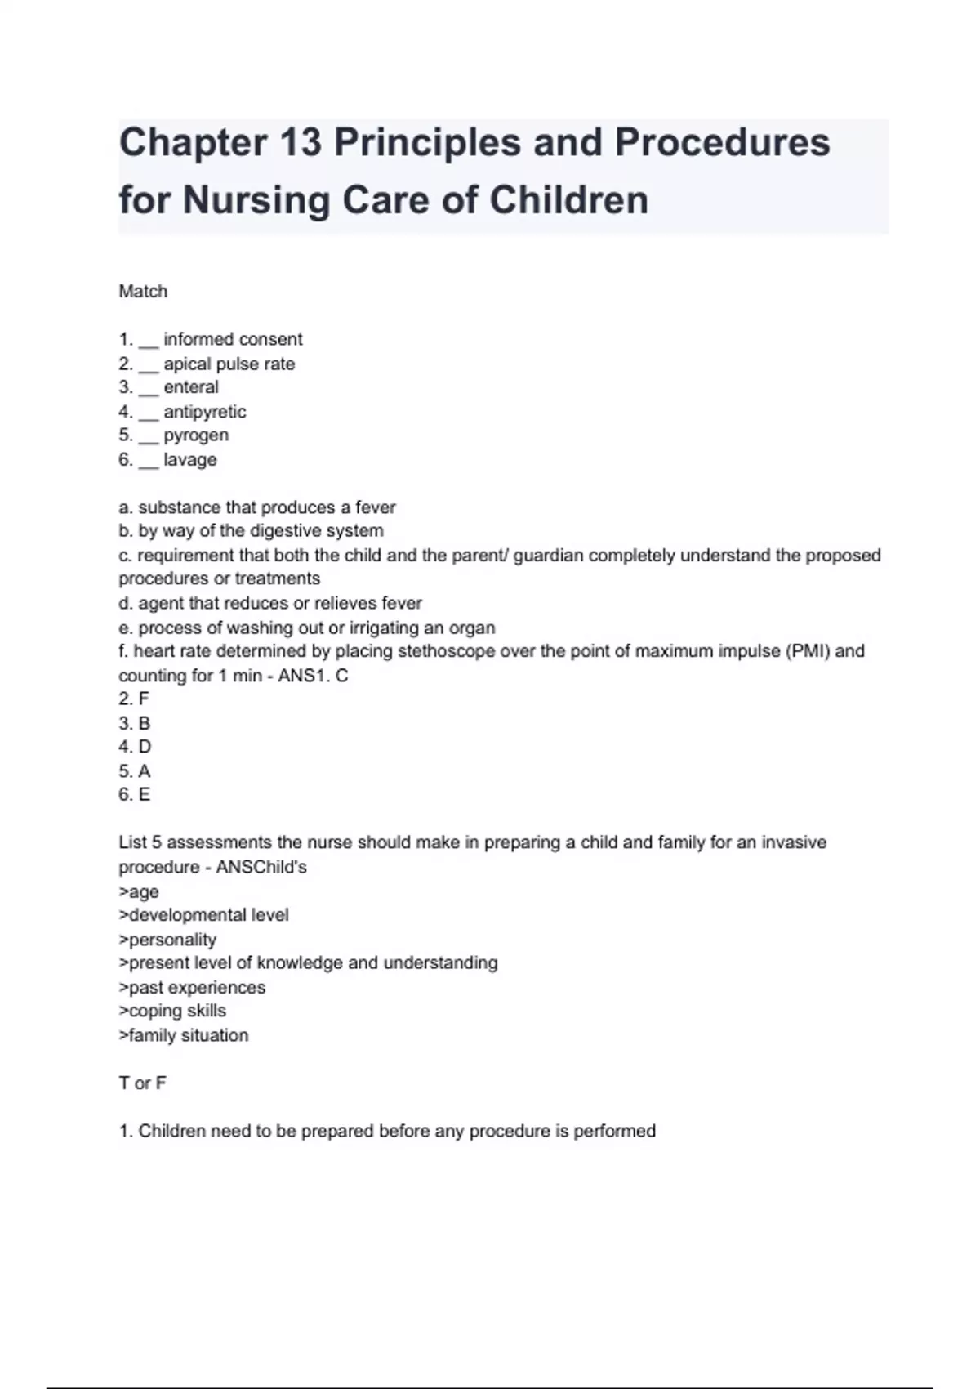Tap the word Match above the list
[x=143, y=292]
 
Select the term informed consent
[x=233, y=339]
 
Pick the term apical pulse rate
[x=229, y=364]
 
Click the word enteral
[x=191, y=387]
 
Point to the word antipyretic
[x=204, y=412]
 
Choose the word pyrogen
[x=196, y=435]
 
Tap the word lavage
[x=190, y=459]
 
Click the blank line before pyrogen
[x=148, y=440]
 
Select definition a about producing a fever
[x=257, y=507]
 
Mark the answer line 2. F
[x=134, y=699]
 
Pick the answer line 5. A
[x=135, y=771]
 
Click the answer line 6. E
[x=135, y=795]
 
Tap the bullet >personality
[x=167, y=940]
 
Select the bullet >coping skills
[x=172, y=1012]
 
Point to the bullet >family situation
[x=184, y=1035]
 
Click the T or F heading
[x=143, y=1083]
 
